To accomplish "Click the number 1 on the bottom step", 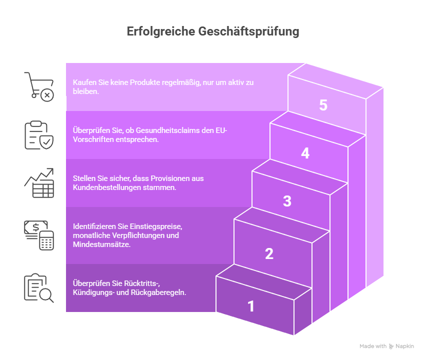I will coord(251,306).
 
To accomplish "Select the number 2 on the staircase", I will coord(269,253).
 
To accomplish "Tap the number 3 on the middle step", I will coord(287,201).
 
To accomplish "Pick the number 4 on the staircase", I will coord(305,153).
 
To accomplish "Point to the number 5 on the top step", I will coord(323,105).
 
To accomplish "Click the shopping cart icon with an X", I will coord(39,86).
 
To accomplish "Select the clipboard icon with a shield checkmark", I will coord(39,135).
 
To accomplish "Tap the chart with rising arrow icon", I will coord(39,183).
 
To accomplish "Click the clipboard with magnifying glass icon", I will coord(39,288).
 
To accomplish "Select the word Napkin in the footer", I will coord(405,346).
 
